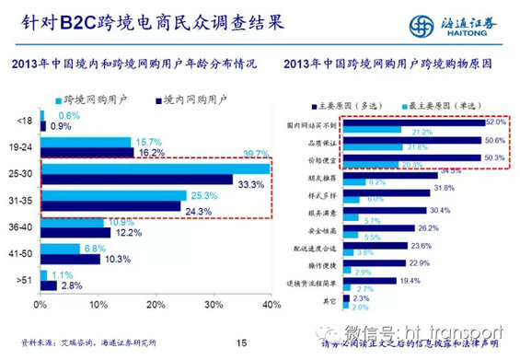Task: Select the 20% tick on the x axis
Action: click(154, 304)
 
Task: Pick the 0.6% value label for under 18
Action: click(56, 115)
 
